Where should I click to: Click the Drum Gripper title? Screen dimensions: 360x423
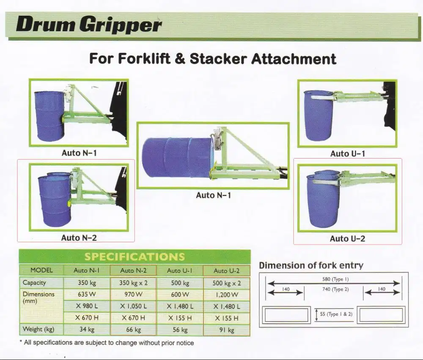[89, 25]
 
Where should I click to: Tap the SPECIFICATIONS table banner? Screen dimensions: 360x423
[135, 257]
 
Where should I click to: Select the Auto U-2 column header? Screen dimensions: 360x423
[226, 270]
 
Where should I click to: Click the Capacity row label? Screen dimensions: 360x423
[34, 283]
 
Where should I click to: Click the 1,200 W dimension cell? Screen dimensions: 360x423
[226, 295]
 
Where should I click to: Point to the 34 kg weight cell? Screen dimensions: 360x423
[86, 329]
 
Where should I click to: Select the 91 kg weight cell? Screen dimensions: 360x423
[226, 330]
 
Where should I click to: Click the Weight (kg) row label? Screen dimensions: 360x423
[38, 329]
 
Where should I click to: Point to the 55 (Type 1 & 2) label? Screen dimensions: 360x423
[336, 314]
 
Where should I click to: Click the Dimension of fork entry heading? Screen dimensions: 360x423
[311, 265]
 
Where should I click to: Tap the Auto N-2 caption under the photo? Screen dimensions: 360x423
[79, 238]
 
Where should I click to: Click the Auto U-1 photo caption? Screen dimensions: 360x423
[347, 154]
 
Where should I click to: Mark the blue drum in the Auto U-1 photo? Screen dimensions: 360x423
[319, 116]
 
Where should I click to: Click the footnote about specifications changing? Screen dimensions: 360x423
[107, 343]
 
